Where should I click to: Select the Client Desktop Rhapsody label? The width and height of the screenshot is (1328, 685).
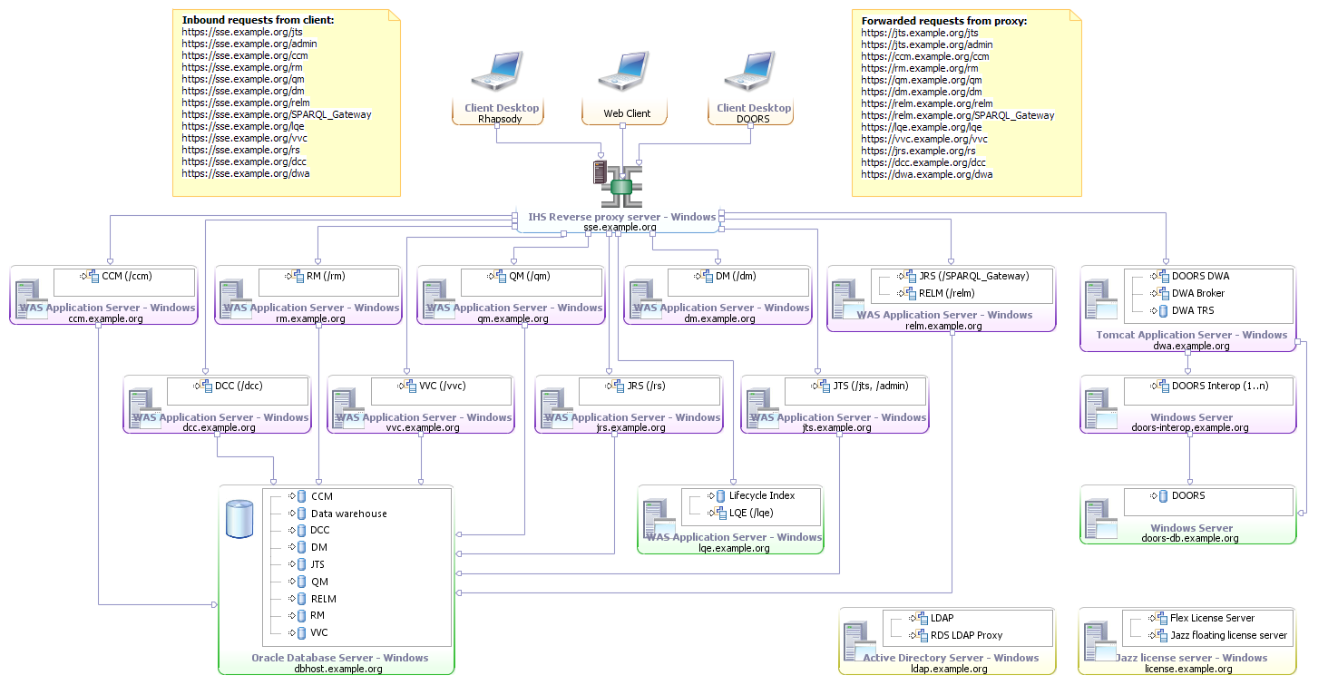501,113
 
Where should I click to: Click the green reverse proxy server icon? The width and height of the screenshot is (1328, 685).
621,186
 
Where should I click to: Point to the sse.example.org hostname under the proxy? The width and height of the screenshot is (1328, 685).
620,227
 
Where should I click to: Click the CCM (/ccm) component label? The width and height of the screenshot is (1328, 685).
126,276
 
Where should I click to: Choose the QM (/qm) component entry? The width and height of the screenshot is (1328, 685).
528,276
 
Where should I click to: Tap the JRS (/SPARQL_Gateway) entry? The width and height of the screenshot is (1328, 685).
973,276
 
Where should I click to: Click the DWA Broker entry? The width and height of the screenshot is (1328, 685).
1197,293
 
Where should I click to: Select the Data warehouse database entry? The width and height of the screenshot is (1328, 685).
348,514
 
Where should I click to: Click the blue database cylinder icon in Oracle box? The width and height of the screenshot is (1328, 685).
239,518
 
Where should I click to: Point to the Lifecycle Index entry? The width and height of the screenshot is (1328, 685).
761,495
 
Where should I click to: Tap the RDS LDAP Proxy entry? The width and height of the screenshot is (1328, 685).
966,635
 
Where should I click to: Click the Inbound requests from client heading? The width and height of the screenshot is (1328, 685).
258,19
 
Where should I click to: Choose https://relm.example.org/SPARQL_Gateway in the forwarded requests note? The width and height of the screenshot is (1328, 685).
957,115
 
